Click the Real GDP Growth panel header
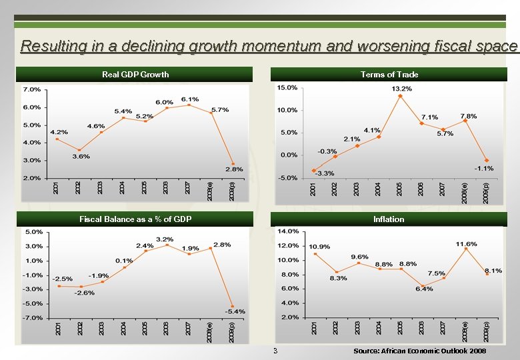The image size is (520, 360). coord(135,74)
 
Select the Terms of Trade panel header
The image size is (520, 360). coord(389,74)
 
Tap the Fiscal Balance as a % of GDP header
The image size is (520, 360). coord(135,219)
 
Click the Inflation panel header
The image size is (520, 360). coord(389,219)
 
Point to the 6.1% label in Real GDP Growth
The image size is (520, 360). coord(189,99)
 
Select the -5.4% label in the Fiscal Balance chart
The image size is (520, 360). coord(235,311)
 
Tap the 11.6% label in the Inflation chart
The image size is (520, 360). coord(466,244)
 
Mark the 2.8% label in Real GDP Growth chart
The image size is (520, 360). coord(233,169)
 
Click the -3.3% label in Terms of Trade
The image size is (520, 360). coord(325,173)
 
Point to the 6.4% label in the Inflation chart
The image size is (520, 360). coord(423,289)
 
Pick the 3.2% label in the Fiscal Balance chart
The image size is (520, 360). coord(165,239)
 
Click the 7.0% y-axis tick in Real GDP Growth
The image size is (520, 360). coord(31,89)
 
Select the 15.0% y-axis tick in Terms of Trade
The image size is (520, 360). coord(287,87)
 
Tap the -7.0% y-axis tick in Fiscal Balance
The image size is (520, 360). coord(33,318)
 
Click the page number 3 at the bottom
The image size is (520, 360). coord(274,351)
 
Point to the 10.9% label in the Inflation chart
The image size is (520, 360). coord(319,247)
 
